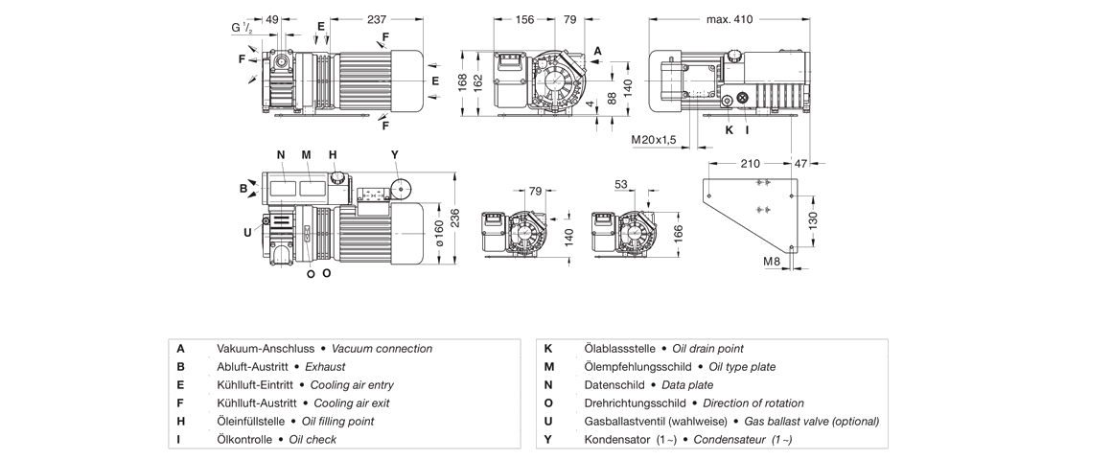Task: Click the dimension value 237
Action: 377,19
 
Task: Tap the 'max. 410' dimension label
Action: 729,19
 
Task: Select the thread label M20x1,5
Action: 654,140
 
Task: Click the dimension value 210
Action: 751,164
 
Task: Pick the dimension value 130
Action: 813,219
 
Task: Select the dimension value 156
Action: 525,19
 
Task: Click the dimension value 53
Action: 620,183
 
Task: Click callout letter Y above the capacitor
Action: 394,154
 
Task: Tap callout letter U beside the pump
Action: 246,230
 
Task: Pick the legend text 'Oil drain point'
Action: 707,349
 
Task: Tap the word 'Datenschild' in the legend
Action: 614,385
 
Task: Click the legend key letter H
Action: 180,422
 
